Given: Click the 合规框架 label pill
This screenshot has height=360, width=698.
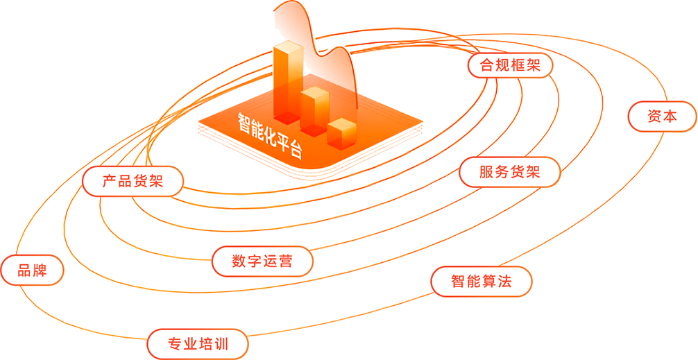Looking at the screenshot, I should click(x=510, y=66).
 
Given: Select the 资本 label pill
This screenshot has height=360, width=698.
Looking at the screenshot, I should click(x=662, y=117).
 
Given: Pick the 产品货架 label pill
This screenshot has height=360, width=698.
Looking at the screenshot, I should click(x=133, y=182).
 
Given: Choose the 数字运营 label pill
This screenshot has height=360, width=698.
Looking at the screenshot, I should click(x=262, y=262).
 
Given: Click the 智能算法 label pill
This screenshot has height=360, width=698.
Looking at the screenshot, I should click(x=481, y=282).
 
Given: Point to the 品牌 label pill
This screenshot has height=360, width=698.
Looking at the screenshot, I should click(x=32, y=270).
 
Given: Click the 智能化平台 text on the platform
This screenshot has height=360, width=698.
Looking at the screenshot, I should click(x=270, y=135).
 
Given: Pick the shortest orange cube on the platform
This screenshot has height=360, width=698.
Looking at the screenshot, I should click(x=341, y=132).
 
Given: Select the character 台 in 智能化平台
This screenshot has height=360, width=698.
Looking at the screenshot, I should click(x=296, y=151).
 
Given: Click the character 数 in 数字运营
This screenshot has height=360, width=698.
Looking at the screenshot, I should click(x=239, y=262).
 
